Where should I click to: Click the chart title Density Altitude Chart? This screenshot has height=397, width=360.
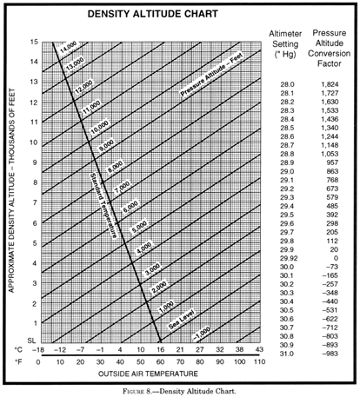(143, 17)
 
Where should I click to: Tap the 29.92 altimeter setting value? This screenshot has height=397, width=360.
(287, 259)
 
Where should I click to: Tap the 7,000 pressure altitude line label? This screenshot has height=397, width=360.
(123, 186)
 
